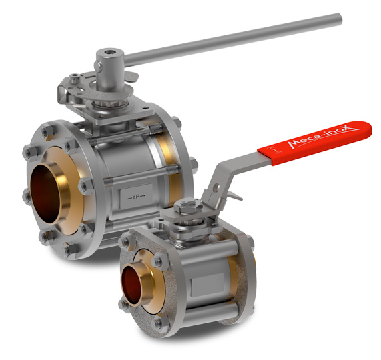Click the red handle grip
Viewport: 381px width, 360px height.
315,142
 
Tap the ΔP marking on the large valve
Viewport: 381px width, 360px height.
136,196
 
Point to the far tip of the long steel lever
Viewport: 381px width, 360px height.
339,19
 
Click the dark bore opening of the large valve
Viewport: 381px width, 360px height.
45,193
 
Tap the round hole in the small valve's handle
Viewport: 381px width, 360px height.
216,187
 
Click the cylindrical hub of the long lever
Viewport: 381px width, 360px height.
108,69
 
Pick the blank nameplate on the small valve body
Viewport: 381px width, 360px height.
208,285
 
